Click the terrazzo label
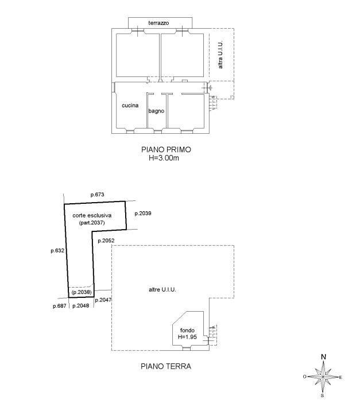(x=158, y=23)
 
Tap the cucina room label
(x=130, y=106)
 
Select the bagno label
(x=156, y=111)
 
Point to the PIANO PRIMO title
(x=166, y=149)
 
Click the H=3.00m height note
(x=164, y=158)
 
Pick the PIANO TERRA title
(x=166, y=366)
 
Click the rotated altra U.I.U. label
(x=220, y=55)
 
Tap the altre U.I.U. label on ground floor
(x=162, y=290)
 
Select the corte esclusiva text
(x=92, y=215)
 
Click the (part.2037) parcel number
(x=92, y=223)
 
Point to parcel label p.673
(x=98, y=195)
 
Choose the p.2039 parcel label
(x=143, y=214)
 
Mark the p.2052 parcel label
(x=106, y=241)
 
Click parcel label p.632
(x=57, y=251)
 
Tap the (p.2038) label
(x=82, y=292)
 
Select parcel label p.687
(x=60, y=306)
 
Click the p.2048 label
(x=81, y=306)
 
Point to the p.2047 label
(x=103, y=300)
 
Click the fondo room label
(x=187, y=331)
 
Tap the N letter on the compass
(x=323, y=357)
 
